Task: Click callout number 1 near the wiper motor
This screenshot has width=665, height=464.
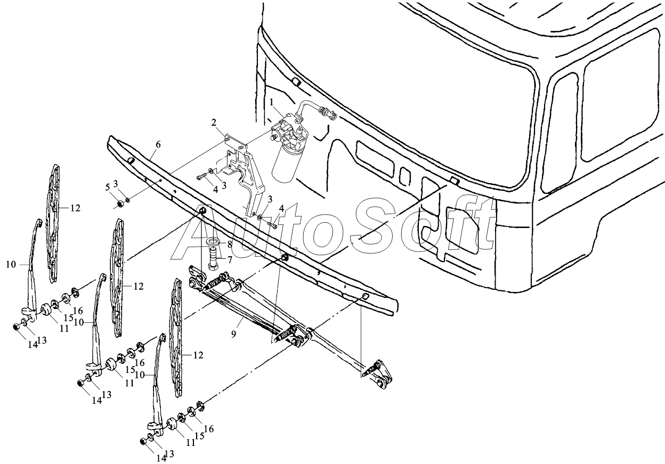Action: (x=272, y=102)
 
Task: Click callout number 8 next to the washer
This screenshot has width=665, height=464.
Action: (x=230, y=245)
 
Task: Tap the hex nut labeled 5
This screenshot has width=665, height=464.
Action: (x=120, y=203)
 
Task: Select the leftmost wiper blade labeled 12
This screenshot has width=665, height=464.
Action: (x=54, y=224)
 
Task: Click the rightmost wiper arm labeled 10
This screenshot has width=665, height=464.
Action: (x=156, y=384)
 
